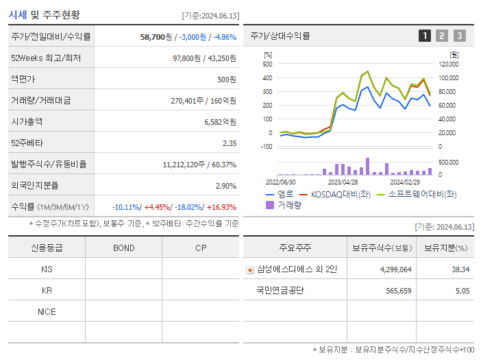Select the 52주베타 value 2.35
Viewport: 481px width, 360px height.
pyautogui.click(x=229, y=143)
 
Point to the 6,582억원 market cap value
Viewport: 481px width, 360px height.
pyautogui.click(x=220, y=121)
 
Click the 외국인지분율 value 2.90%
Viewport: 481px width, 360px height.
pyautogui.click(x=225, y=186)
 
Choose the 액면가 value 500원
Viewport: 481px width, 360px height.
pyautogui.click(x=227, y=80)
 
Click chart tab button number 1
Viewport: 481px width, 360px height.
pyautogui.click(x=425, y=36)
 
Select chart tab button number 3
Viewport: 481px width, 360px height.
pyautogui.click(x=459, y=36)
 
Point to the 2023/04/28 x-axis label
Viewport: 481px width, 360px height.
pyautogui.click(x=343, y=182)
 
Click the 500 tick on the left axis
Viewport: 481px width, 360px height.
pyautogui.click(x=267, y=64)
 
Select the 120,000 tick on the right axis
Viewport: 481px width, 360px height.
pyautogui.click(x=448, y=64)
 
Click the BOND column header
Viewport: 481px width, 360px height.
pyautogui.click(x=123, y=248)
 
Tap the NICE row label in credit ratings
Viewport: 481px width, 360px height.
pyautogui.click(x=47, y=311)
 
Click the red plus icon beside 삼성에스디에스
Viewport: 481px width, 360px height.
pyautogui.click(x=250, y=269)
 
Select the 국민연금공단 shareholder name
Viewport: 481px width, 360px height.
pyautogui.click(x=280, y=290)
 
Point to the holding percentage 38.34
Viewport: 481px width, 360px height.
pyautogui.click(x=460, y=269)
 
